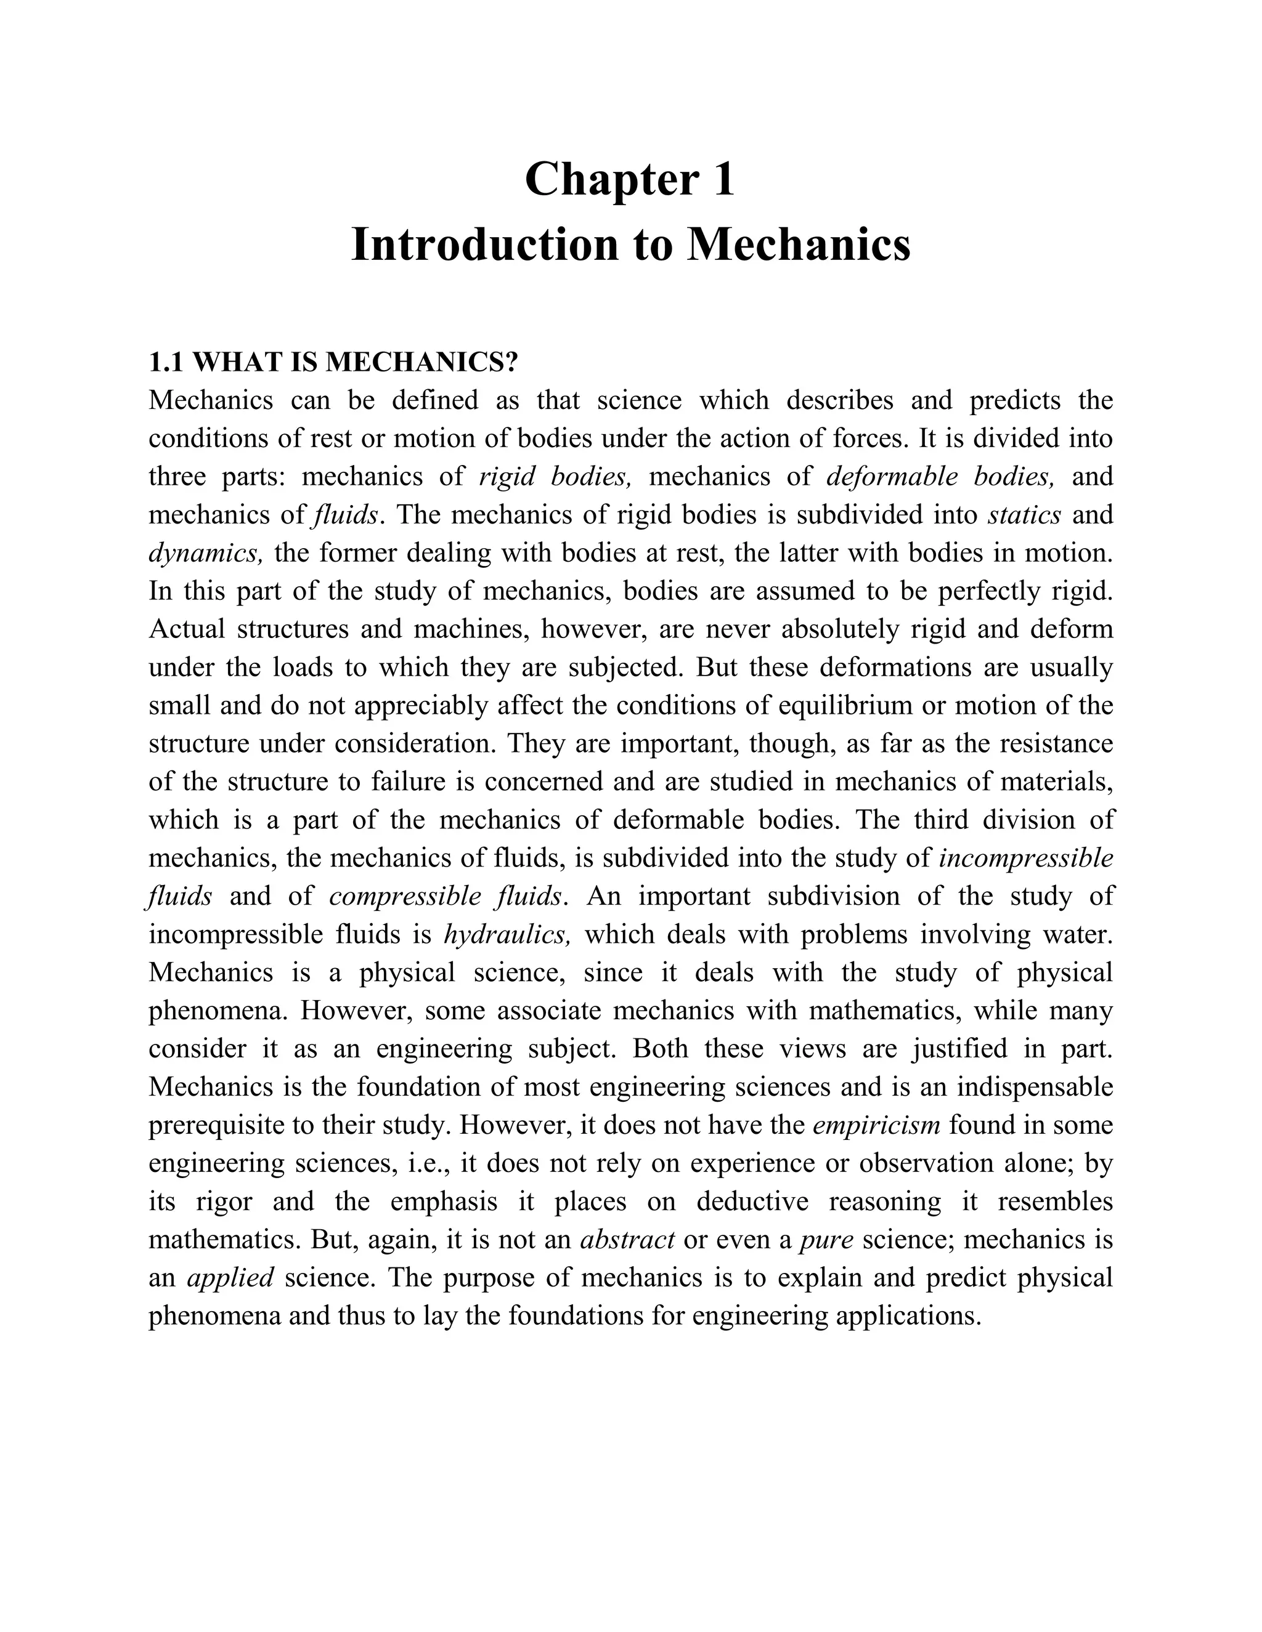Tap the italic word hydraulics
point(508,934)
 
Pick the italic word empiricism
point(876,1125)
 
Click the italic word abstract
point(627,1239)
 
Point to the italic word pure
point(826,1239)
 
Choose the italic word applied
point(230,1277)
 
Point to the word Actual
point(187,629)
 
